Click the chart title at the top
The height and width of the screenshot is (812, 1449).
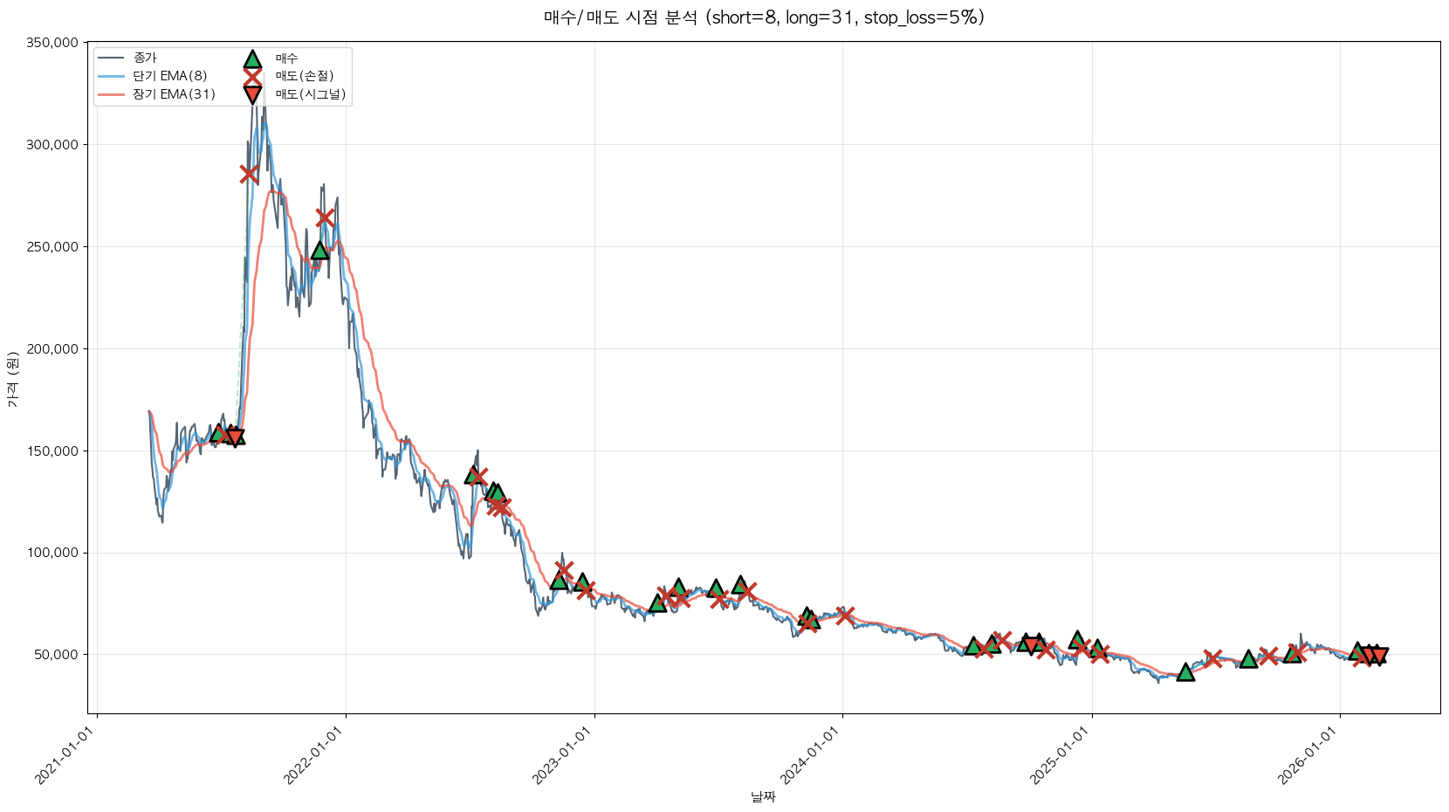[764, 17]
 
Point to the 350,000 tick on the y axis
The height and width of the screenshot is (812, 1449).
[55, 43]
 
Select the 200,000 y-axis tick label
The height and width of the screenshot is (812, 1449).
[55, 349]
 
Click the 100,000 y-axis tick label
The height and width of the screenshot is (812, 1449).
[55, 553]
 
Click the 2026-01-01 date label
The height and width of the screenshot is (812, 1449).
[1309, 755]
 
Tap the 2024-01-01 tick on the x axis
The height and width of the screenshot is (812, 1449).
[813, 755]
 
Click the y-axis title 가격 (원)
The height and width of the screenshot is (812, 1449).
[12, 379]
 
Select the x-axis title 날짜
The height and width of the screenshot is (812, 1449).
[763, 796]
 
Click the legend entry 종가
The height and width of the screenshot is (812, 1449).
[145, 58]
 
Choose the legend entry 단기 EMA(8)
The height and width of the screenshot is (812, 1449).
[169, 76]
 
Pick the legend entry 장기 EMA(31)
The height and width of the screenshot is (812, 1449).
[174, 94]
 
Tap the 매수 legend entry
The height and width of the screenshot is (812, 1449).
[286, 58]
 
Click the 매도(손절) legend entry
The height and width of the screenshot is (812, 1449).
[305, 76]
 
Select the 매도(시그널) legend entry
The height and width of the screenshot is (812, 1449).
[310, 94]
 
